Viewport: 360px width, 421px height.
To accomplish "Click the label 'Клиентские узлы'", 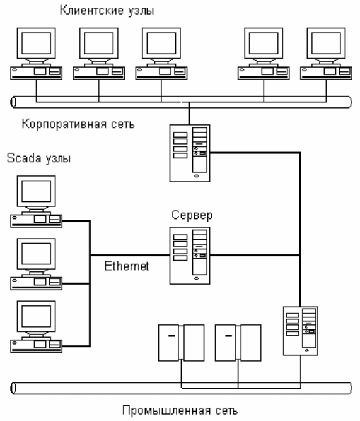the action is pyautogui.click(x=107, y=11).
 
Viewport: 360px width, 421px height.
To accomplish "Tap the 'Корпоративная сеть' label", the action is pyautogui.click(x=78, y=124).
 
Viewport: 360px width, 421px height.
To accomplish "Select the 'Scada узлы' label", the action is pyautogui.click(x=38, y=158).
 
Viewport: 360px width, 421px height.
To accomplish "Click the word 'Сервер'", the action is pyautogui.click(x=192, y=215).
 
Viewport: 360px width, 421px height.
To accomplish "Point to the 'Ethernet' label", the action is pyautogui.click(x=126, y=266).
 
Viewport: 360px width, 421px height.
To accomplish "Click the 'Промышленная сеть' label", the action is pyautogui.click(x=180, y=410).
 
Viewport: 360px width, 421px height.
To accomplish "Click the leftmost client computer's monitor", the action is pyautogui.click(x=36, y=43).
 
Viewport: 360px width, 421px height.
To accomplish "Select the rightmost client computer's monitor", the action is pyautogui.click(x=326, y=43).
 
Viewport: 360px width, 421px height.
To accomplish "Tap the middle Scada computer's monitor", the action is pyautogui.click(x=36, y=254).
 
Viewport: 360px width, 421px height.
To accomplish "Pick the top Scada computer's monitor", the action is pyautogui.click(x=36, y=191).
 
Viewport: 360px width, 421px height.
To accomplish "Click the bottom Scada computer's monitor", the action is pyautogui.click(x=36, y=316).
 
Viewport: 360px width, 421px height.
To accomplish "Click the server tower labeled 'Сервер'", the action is pyautogui.click(x=190, y=256).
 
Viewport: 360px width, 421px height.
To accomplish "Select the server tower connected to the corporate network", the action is pyautogui.click(x=190, y=153).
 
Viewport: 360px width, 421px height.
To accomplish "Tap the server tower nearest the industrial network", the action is pyautogui.click(x=301, y=331).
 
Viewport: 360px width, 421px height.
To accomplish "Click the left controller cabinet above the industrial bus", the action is pyautogui.click(x=181, y=343).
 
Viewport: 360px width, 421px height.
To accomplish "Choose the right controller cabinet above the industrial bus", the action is pyautogui.click(x=238, y=343).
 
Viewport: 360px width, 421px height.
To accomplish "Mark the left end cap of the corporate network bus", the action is pyautogui.click(x=13, y=102).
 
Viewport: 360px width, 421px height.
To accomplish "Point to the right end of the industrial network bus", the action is pyautogui.click(x=349, y=388).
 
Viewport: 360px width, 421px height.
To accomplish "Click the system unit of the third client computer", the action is pyautogui.click(x=161, y=73).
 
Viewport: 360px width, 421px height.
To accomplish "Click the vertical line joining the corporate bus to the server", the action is pyautogui.click(x=189, y=114).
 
